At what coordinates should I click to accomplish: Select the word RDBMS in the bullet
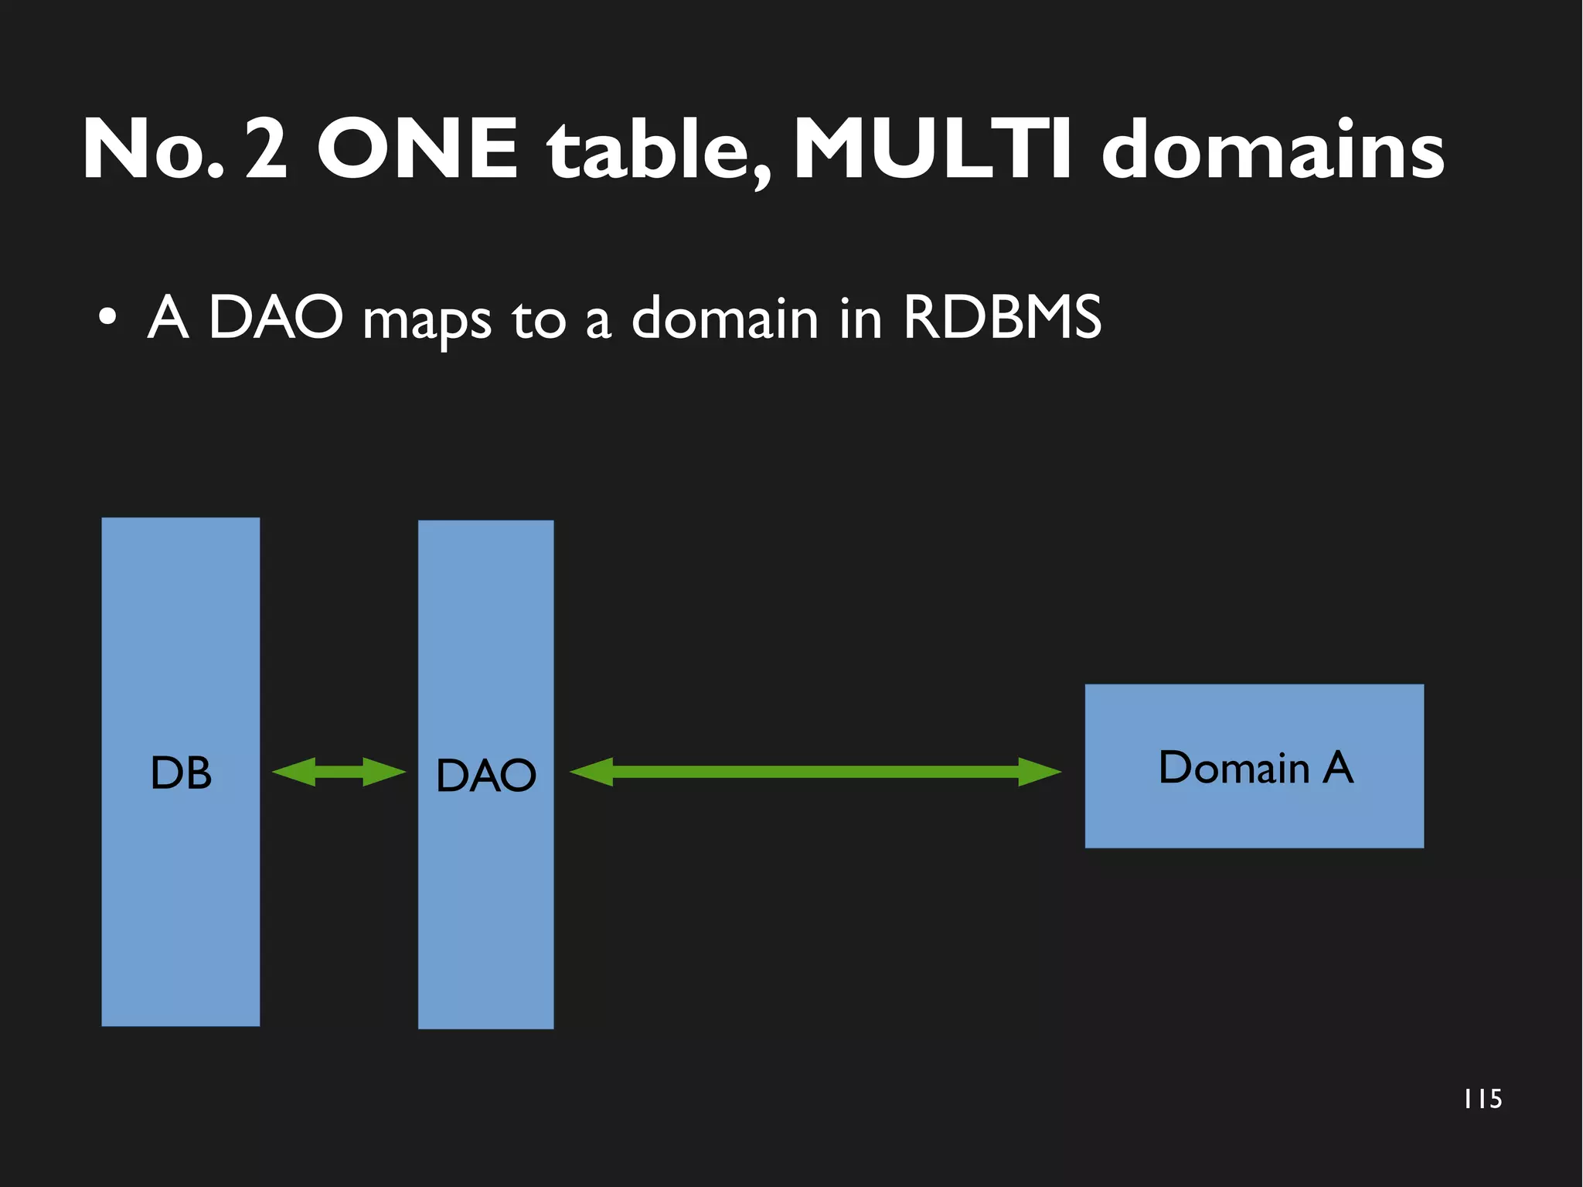[1002, 317]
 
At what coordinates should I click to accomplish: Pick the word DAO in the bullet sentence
[276, 317]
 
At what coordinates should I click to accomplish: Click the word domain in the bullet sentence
[724, 317]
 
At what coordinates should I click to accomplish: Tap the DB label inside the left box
[181, 773]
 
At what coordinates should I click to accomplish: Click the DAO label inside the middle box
[485, 775]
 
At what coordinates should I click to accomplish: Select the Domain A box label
[1255, 767]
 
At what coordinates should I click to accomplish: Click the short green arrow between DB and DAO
[339, 772]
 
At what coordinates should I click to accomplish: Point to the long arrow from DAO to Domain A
[815, 772]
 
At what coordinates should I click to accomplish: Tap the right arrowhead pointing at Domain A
[1040, 772]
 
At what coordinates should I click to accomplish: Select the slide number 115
[1483, 1099]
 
